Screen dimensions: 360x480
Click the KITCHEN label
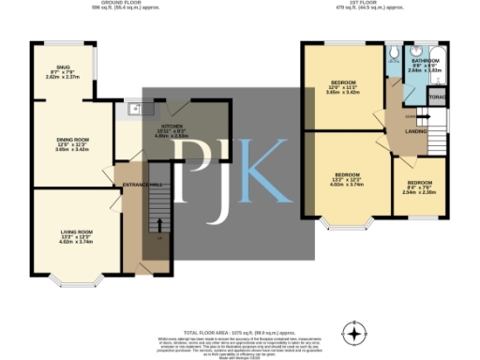coord(172,126)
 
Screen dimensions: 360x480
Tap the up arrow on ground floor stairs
coord(158,224)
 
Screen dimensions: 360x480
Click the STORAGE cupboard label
coord(436,97)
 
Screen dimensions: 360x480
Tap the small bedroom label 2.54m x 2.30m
coord(418,186)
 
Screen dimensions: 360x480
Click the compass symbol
coord(353,333)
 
